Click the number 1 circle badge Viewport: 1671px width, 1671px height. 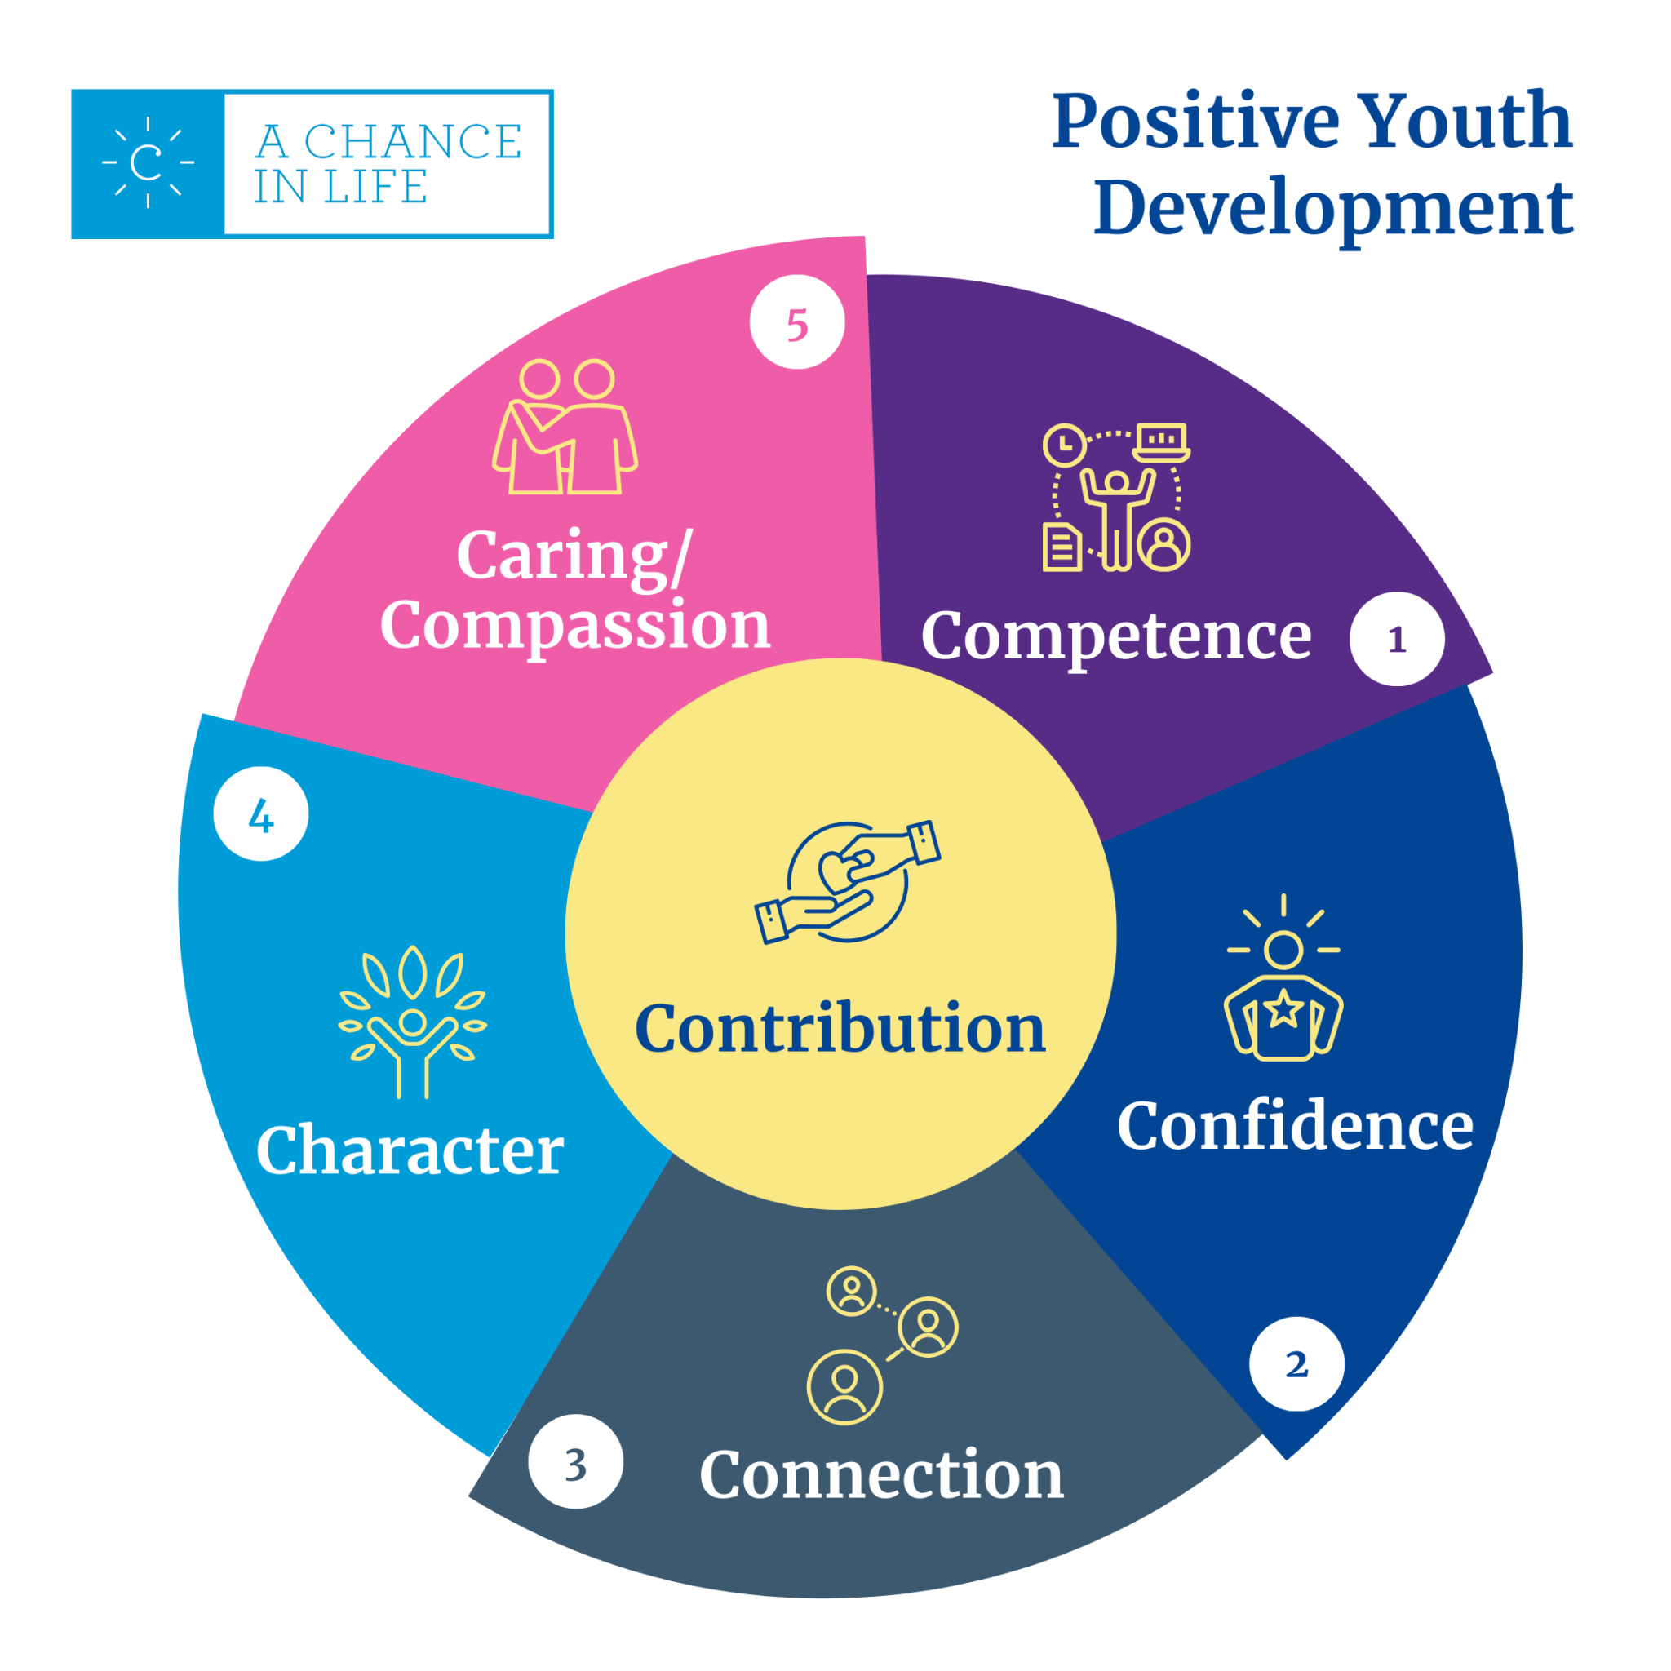1396,639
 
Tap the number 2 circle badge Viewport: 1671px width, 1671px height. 1296,1364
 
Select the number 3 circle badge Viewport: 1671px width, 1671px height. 575,1461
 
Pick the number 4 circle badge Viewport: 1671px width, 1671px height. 260,813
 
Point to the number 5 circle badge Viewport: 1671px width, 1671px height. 796,322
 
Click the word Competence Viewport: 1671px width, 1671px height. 1115,636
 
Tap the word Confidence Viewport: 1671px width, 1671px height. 1295,1125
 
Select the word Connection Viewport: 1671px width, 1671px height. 880,1474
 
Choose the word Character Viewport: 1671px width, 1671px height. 410,1150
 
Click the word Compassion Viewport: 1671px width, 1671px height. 575,624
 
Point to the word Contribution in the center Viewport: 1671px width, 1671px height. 840,1028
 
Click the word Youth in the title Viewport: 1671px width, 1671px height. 1464,121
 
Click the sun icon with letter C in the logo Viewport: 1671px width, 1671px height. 148,162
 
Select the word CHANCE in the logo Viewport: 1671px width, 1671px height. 413,142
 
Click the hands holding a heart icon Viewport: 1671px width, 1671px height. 847,881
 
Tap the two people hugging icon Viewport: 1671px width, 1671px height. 565,428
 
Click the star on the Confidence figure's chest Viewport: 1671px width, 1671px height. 1283,1008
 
